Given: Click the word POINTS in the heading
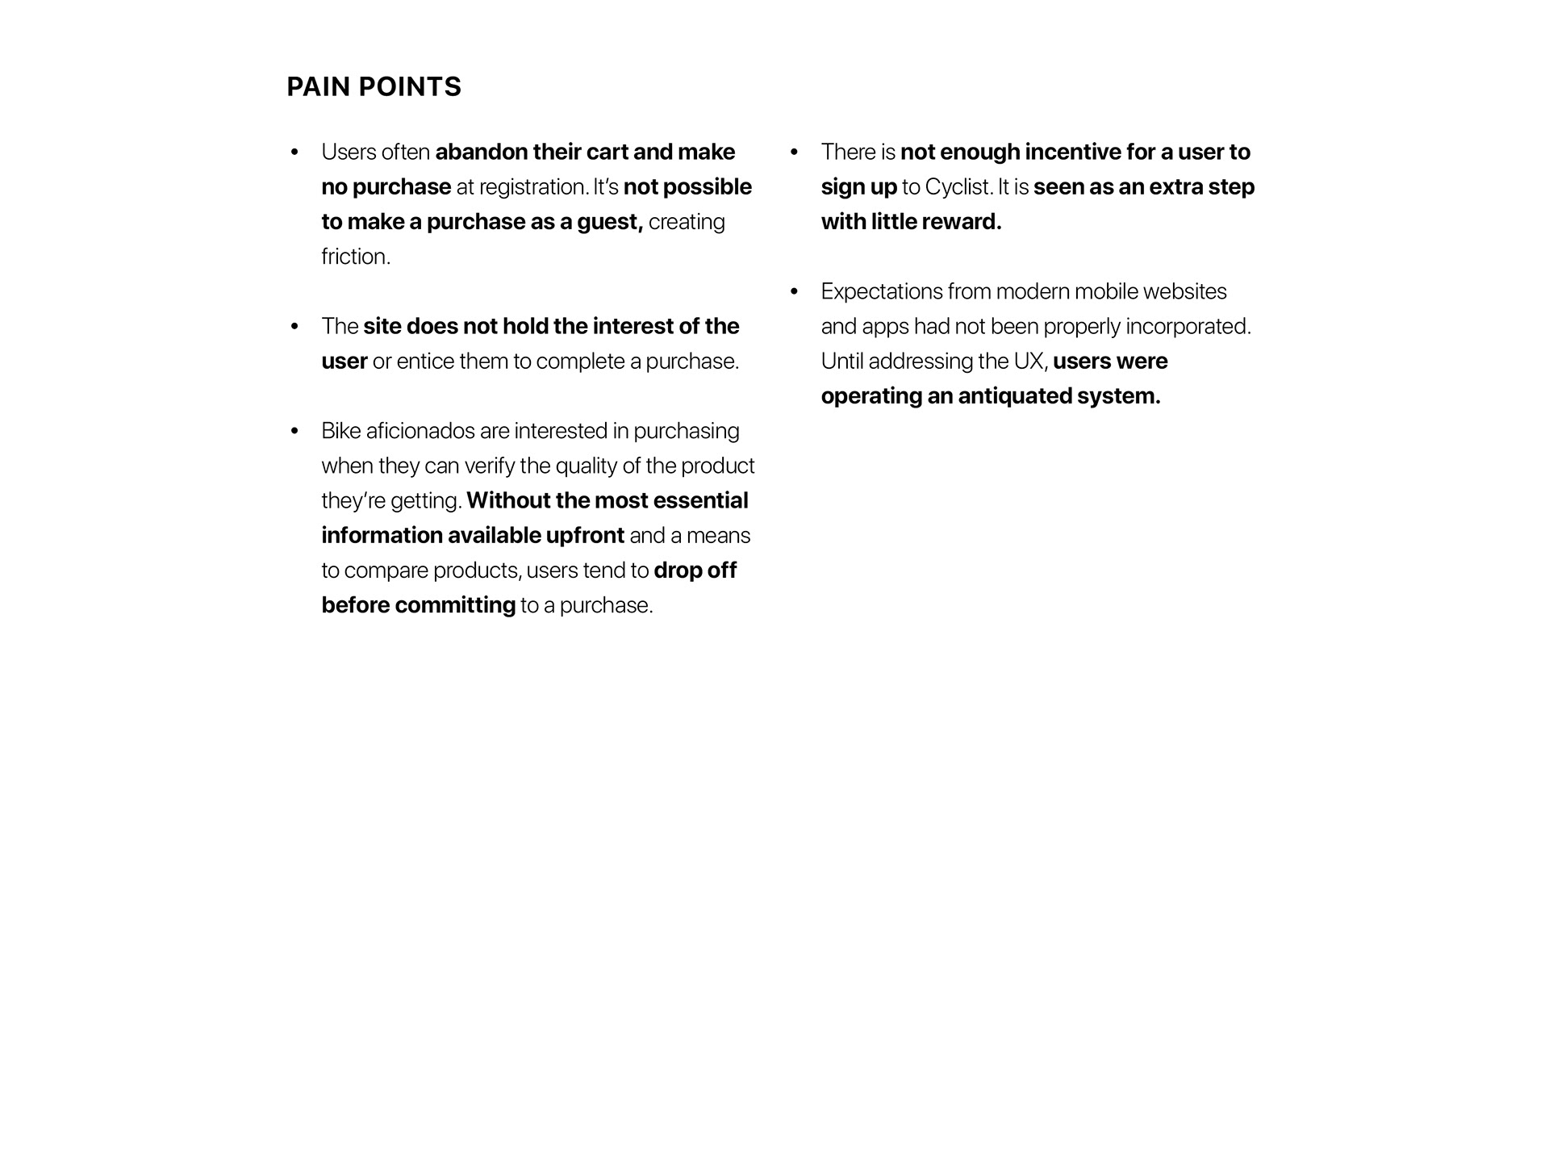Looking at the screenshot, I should pyautogui.click(x=410, y=87).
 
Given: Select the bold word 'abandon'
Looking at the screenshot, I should pyautogui.click(x=481, y=152).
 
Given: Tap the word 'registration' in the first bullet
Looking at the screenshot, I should pyautogui.click(x=533, y=187).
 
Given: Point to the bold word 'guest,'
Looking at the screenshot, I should pyautogui.click(x=610, y=222).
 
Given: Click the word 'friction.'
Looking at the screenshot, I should pyautogui.click(x=356, y=257).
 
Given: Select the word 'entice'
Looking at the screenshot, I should pyautogui.click(x=425, y=362).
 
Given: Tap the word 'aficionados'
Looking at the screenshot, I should pyautogui.click(x=420, y=431).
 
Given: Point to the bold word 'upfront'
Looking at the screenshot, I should pyautogui.click(x=585, y=536).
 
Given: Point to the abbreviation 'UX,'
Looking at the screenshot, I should pyautogui.click(x=1030, y=362).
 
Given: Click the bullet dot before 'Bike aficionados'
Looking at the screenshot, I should pyautogui.click(x=294, y=431).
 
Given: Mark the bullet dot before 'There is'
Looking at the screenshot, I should pyautogui.click(x=794, y=152).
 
